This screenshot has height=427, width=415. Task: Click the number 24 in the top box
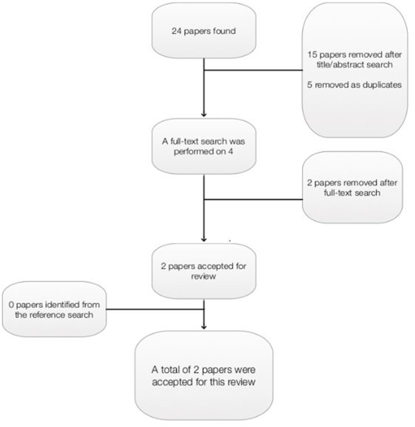(x=176, y=31)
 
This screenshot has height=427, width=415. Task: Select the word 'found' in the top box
(x=224, y=31)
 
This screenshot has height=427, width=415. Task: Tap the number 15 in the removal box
(x=312, y=55)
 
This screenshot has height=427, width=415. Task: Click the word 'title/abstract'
(x=340, y=65)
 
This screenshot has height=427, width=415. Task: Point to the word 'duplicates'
(x=382, y=85)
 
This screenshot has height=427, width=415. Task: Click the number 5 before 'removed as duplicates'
(x=310, y=85)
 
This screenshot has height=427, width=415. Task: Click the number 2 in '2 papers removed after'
(x=310, y=183)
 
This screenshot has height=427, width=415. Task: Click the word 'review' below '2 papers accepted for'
(x=204, y=276)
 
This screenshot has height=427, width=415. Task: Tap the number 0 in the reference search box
(x=11, y=305)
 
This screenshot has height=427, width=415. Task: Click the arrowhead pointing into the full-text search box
(x=204, y=115)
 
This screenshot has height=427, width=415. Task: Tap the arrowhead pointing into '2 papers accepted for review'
(x=204, y=239)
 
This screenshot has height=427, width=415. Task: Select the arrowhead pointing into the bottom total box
(x=204, y=327)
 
